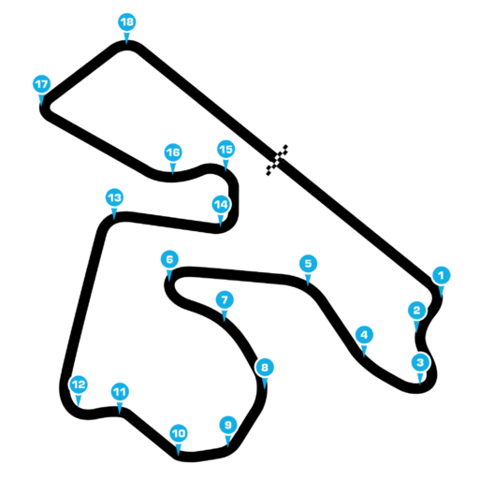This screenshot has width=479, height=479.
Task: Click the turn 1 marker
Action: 442,275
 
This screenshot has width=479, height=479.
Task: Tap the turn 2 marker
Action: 417,311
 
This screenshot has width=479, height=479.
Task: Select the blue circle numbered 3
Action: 420,363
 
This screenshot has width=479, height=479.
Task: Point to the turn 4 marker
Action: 364,335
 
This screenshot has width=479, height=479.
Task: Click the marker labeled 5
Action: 308,264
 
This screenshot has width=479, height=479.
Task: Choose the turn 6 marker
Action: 169,259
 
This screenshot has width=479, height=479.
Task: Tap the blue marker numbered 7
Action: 225,300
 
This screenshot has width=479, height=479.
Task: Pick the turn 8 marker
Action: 265,368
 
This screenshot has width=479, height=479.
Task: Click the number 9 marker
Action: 228,425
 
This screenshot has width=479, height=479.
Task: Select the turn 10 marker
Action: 179,433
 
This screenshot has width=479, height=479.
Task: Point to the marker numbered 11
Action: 120,392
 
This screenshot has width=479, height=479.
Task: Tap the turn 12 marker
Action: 79,385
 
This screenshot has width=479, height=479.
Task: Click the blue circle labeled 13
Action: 114,197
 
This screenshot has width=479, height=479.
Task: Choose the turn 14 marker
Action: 221,205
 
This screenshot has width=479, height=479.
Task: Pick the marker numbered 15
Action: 226,150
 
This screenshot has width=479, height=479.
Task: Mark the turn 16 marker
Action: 173,152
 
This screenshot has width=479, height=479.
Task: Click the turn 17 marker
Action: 42,84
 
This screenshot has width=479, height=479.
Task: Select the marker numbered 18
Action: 127,22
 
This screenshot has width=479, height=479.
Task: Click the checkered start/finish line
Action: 277,160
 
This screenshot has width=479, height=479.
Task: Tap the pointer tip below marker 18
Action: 126,44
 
